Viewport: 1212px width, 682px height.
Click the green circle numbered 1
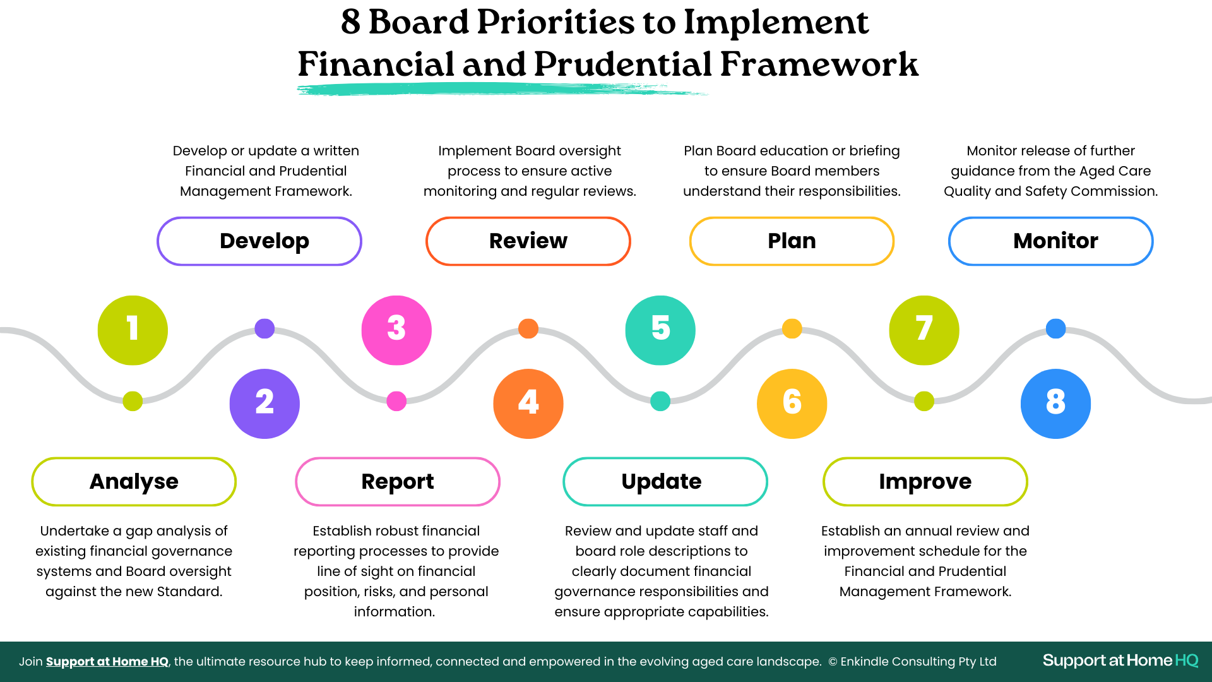(x=133, y=330)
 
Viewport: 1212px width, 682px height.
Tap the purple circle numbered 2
(x=264, y=404)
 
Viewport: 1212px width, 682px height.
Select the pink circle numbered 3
(x=396, y=330)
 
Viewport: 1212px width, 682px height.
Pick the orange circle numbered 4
(x=528, y=404)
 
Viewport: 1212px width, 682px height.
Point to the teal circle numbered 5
(x=660, y=330)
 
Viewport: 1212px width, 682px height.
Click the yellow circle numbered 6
(x=792, y=404)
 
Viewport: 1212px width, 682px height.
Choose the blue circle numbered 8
(x=1055, y=404)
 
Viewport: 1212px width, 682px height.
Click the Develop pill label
(x=259, y=241)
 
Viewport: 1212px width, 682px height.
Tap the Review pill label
(x=528, y=241)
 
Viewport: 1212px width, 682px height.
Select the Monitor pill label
(x=1051, y=241)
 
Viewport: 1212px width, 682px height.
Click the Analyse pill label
(x=134, y=482)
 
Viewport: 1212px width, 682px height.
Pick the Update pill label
(x=665, y=482)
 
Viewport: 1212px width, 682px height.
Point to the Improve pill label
(x=925, y=482)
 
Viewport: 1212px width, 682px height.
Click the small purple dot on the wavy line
(x=264, y=328)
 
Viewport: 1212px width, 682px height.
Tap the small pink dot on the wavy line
(x=396, y=401)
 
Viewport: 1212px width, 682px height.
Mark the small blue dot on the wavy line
(x=1056, y=328)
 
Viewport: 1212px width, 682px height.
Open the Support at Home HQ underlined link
(x=107, y=662)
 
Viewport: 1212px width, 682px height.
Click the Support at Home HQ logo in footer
(x=1120, y=661)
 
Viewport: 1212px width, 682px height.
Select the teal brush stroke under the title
(x=502, y=90)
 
